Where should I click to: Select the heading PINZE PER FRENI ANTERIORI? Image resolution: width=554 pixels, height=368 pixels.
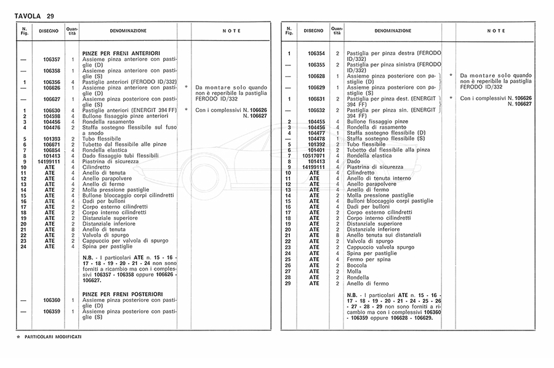(121, 54)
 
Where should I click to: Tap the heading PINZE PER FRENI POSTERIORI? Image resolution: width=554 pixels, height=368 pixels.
(121, 294)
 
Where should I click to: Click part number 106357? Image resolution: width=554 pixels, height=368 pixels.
(52, 59)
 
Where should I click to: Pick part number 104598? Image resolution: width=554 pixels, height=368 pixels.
(52, 117)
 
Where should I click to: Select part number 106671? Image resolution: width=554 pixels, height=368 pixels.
(52, 144)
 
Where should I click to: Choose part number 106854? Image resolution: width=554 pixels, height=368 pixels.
(52, 149)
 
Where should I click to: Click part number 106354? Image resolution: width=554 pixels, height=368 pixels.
(316, 54)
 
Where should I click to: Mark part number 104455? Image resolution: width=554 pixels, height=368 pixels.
(316, 121)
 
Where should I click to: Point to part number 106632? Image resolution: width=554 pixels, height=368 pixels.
(316, 110)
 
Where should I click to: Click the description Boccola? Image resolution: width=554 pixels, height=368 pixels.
(356, 265)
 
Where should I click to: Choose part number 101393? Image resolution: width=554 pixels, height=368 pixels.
(52, 138)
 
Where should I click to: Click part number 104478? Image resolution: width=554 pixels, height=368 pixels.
(316, 138)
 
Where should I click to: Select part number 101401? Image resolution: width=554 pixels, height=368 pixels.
(316, 149)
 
